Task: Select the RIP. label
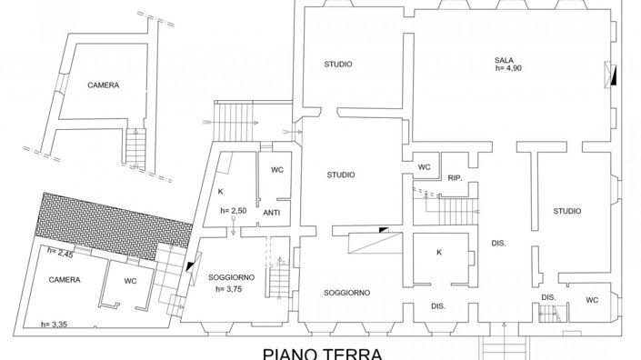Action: [456, 178]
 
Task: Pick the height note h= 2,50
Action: [234, 211]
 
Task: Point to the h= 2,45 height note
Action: [60, 252]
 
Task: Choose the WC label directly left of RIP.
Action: [424, 167]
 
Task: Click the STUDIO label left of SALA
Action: [338, 64]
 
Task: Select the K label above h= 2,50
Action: [220, 191]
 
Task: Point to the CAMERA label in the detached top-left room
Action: [104, 85]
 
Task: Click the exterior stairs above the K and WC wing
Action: [232, 115]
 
